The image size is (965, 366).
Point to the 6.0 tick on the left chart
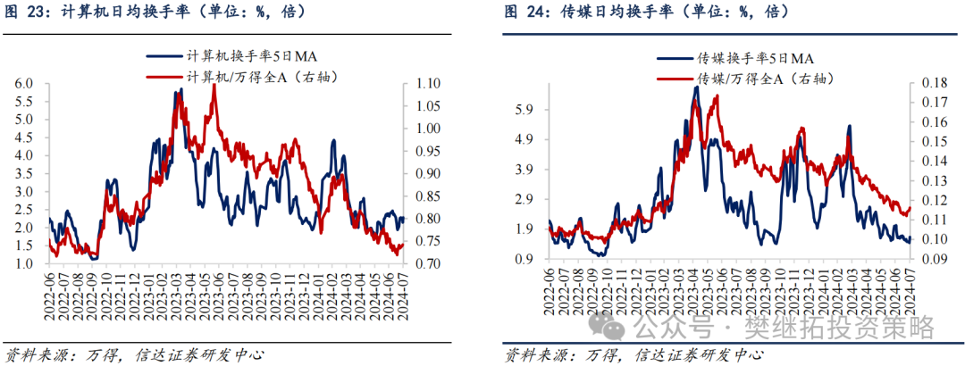24,84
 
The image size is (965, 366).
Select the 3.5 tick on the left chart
24,174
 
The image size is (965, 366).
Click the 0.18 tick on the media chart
929,84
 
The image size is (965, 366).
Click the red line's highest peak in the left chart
214,85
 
